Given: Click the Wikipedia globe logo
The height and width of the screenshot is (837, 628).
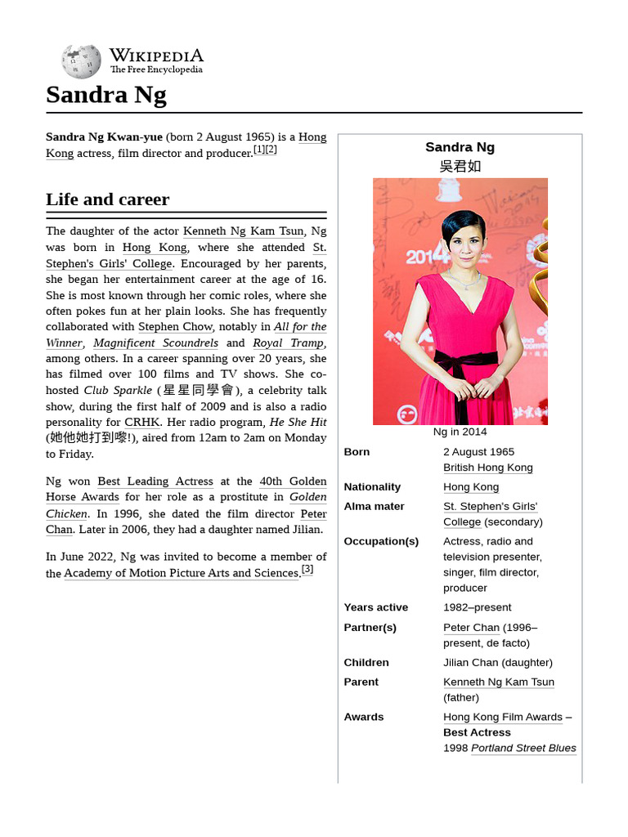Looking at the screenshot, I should coord(81,61).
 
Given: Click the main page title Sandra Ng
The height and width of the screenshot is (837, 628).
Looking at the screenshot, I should coord(106,95).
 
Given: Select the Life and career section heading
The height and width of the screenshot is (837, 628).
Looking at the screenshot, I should coord(108,199).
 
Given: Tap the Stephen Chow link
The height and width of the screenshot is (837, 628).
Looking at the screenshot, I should coord(175,327).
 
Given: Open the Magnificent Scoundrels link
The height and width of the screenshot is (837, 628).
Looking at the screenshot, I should coord(155,343).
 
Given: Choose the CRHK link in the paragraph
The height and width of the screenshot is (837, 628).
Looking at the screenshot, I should coord(142,423).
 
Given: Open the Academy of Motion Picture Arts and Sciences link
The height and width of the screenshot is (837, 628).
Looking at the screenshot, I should coord(182,574).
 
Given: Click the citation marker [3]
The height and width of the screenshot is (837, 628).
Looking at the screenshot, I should coord(307,570).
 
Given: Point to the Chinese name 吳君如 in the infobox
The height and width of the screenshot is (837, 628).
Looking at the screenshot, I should coord(460,167).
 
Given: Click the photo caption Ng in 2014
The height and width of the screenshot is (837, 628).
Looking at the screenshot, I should coord(460,432).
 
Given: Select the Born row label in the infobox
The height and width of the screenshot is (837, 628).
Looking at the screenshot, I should coord(357,452).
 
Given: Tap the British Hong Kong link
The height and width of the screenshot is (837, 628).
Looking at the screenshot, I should coord(488,468).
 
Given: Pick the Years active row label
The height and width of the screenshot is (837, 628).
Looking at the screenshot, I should coord(376,607).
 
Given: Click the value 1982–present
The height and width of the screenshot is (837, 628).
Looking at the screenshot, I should coord(478,607).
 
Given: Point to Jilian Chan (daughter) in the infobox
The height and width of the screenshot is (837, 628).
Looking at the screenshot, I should coord(498,663).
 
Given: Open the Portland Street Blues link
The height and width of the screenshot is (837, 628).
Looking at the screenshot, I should coord(523,749).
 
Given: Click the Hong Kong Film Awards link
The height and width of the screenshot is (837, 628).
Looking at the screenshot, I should coord(503,718).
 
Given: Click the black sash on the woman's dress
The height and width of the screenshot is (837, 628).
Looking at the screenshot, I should coord(464,364).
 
